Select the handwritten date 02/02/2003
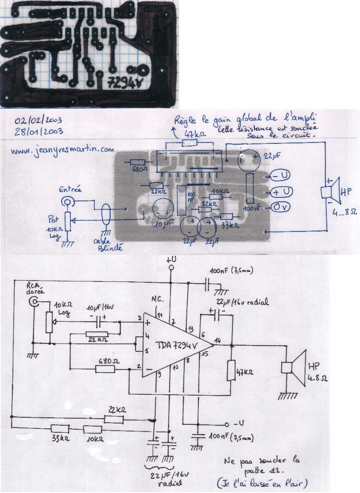(x=38, y=120)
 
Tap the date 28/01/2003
(x=38, y=131)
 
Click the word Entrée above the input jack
(x=70, y=189)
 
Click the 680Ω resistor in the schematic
(x=105, y=368)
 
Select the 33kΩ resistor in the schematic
(x=60, y=428)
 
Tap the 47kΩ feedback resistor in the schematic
(x=231, y=370)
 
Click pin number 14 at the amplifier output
(x=217, y=340)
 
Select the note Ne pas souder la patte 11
(x=261, y=465)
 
